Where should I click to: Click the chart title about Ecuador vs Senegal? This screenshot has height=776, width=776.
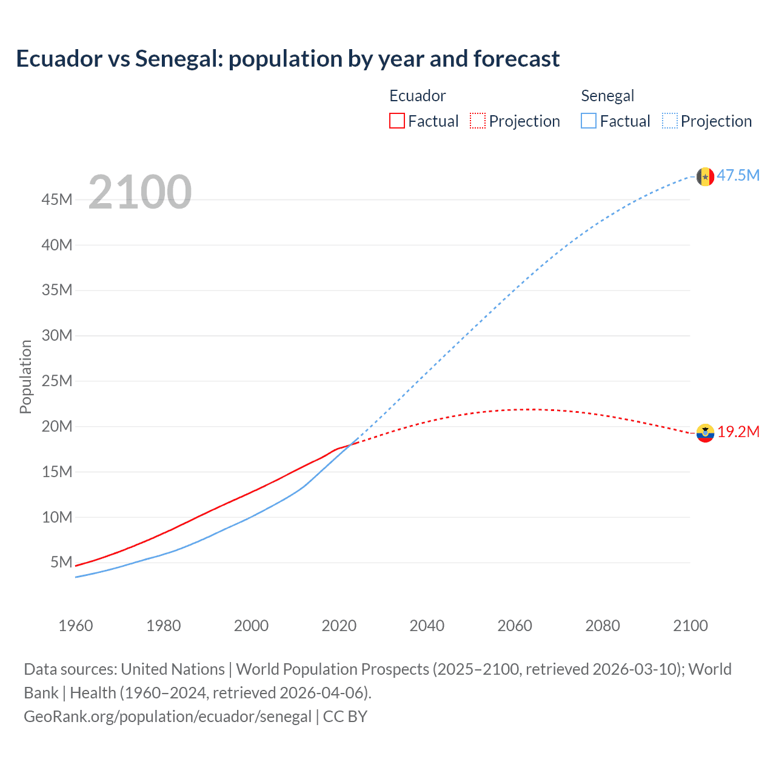pyautogui.click(x=288, y=59)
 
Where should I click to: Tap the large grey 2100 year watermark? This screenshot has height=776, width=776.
pyautogui.click(x=140, y=192)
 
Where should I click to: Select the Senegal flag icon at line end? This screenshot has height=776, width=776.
pyautogui.click(x=705, y=176)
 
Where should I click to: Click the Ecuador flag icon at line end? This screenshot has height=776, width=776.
pyautogui.click(x=705, y=433)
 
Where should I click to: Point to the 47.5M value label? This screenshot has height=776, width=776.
pyautogui.click(x=738, y=176)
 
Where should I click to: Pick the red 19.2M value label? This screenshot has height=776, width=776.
pyautogui.click(x=738, y=432)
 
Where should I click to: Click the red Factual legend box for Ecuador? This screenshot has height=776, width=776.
pyautogui.click(x=397, y=121)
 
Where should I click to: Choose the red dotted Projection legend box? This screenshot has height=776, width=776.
pyautogui.click(x=478, y=121)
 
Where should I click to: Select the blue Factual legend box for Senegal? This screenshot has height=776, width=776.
pyautogui.click(x=589, y=121)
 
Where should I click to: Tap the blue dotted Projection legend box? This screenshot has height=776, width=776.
pyautogui.click(x=670, y=121)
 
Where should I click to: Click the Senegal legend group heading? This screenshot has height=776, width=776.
pyautogui.click(x=607, y=96)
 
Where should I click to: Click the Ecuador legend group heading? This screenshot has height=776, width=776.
pyautogui.click(x=417, y=96)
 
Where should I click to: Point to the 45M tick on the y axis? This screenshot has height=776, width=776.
pyautogui.click(x=57, y=199)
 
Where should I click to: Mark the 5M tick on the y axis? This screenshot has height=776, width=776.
pyautogui.click(x=61, y=562)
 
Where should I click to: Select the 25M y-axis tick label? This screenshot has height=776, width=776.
pyautogui.click(x=57, y=381)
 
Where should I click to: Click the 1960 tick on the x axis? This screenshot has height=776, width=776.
pyautogui.click(x=76, y=626)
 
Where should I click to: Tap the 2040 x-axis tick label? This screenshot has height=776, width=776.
pyautogui.click(x=427, y=626)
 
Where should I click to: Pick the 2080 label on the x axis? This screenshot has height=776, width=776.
pyautogui.click(x=603, y=626)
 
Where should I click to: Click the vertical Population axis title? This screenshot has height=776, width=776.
pyautogui.click(x=25, y=377)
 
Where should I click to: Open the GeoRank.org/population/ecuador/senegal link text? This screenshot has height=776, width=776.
pyautogui.click(x=167, y=717)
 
